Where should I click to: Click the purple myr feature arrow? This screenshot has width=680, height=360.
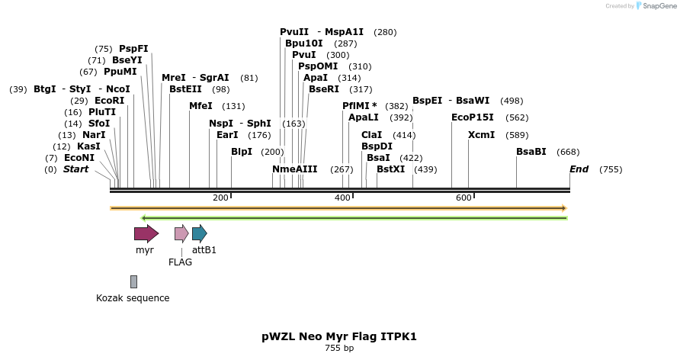pyautogui.click(x=146, y=233)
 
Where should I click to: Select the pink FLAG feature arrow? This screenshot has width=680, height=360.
pyautogui.click(x=181, y=233)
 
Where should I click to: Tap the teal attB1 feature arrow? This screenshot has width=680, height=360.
pyautogui.click(x=199, y=233)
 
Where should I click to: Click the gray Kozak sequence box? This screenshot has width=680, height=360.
pyautogui.click(x=133, y=281)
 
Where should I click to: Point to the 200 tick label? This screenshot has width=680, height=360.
pyautogui.click(x=220, y=198)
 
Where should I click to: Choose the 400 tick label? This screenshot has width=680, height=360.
pyautogui.click(x=342, y=198)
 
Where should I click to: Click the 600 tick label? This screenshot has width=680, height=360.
pyautogui.click(x=463, y=198)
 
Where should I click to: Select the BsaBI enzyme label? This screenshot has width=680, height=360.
pyautogui.click(x=531, y=152)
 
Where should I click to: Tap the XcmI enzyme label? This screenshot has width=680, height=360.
pyautogui.click(x=481, y=135)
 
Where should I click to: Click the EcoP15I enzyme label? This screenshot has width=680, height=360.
pyautogui.click(x=473, y=117)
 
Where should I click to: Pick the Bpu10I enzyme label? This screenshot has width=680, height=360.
pyautogui.click(x=304, y=43)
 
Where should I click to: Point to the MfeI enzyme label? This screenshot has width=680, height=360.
pyautogui.click(x=200, y=106)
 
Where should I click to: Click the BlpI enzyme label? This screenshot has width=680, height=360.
pyautogui.click(x=242, y=152)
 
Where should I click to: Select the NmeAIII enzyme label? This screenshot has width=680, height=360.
pyautogui.click(x=295, y=169)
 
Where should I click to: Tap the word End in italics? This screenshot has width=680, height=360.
pyautogui.click(x=579, y=169)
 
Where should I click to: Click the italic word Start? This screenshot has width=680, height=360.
pyautogui.click(x=75, y=169)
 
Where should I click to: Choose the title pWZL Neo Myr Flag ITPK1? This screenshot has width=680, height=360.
pyautogui.click(x=339, y=336)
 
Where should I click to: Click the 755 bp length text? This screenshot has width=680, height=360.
pyautogui.click(x=339, y=349)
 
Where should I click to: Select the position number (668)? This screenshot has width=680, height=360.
pyautogui.click(x=568, y=152)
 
